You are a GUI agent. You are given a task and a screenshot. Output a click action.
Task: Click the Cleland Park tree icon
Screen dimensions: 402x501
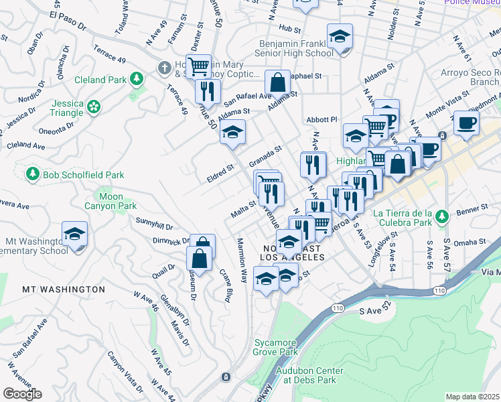pyautogui.click(x=137, y=80)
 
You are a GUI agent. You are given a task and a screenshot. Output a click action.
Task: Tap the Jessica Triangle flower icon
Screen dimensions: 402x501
pyautogui.click(x=94, y=106)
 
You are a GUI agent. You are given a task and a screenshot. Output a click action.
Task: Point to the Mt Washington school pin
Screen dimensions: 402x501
pyautogui.click(x=74, y=234)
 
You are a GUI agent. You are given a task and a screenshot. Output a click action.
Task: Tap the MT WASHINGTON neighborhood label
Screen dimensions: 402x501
pyautogui.click(x=64, y=289)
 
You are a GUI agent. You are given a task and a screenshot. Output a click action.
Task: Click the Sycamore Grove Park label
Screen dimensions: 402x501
pyautogui.click(x=275, y=346)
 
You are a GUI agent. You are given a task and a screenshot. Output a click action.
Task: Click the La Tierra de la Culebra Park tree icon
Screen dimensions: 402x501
pyautogui.click(x=441, y=216)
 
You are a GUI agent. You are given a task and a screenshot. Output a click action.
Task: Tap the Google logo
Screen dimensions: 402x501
pyautogui.click(x=22, y=393)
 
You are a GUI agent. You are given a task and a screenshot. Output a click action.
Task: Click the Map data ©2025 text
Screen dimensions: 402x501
pyautogui.click(x=472, y=397)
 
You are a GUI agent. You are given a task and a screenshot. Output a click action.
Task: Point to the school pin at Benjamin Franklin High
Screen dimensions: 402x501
pyautogui.click(x=340, y=36)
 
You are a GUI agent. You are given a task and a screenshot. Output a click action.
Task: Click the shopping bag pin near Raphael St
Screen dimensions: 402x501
pyautogui.click(x=277, y=83)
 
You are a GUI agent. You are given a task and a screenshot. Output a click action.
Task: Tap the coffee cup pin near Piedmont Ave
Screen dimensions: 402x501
pyautogui.click(x=466, y=123)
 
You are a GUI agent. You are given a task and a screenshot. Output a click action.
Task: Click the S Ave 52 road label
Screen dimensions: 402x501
pyautogui.click(x=374, y=312)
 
